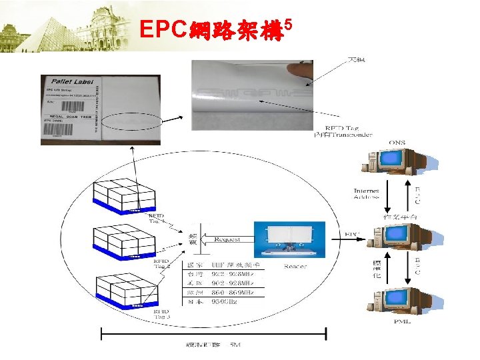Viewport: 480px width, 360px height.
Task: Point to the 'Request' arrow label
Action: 228,239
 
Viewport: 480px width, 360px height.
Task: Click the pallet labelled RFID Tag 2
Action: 124,239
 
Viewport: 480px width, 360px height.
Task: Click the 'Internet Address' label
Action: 367,195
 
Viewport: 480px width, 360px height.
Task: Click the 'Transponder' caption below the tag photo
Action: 343,135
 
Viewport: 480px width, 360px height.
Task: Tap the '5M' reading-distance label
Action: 235,345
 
